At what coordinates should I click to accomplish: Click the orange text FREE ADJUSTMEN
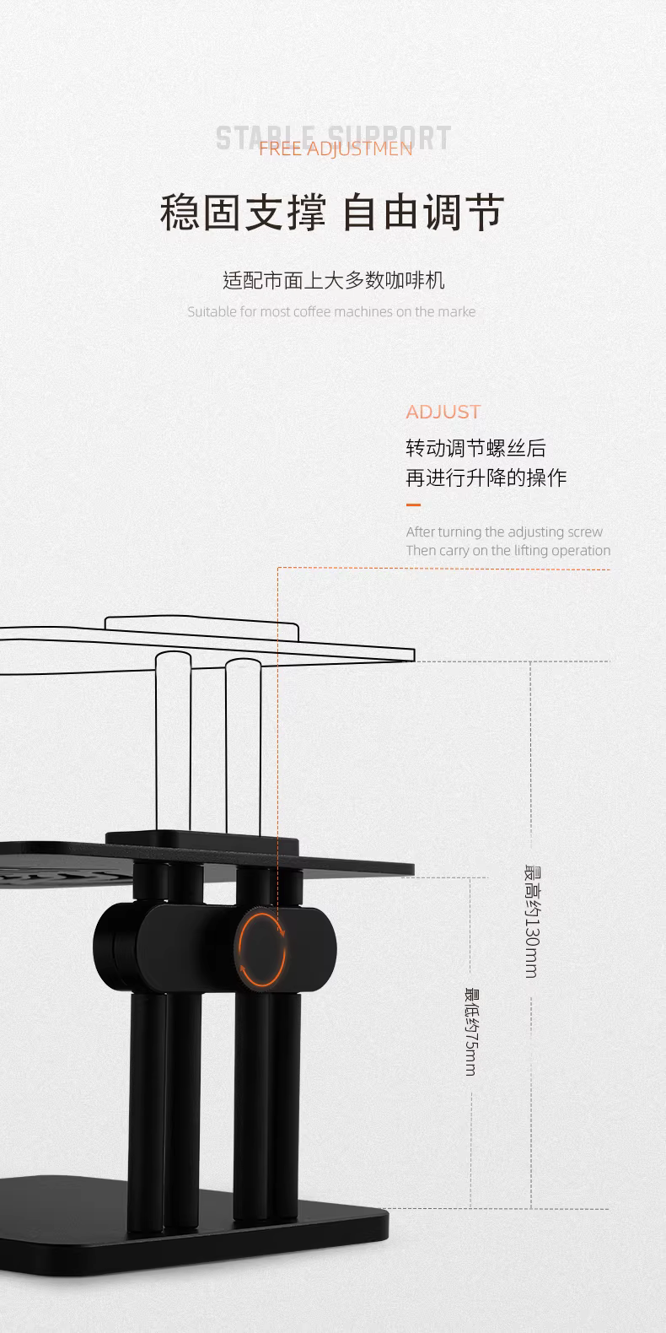click(335, 149)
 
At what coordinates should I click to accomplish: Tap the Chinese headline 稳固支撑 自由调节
click(331, 212)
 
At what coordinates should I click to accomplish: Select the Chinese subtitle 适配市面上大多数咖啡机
click(333, 280)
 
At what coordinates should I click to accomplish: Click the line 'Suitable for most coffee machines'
click(331, 311)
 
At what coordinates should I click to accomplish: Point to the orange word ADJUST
click(443, 412)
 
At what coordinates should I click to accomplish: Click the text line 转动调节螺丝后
click(475, 448)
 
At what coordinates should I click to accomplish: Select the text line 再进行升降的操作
click(486, 478)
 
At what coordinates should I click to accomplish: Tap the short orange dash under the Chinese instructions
click(413, 505)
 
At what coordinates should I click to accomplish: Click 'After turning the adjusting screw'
click(504, 532)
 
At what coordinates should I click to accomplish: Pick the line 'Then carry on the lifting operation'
click(508, 550)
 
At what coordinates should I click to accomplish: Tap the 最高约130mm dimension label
click(531, 921)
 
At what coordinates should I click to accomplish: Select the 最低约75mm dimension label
click(470, 1031)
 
